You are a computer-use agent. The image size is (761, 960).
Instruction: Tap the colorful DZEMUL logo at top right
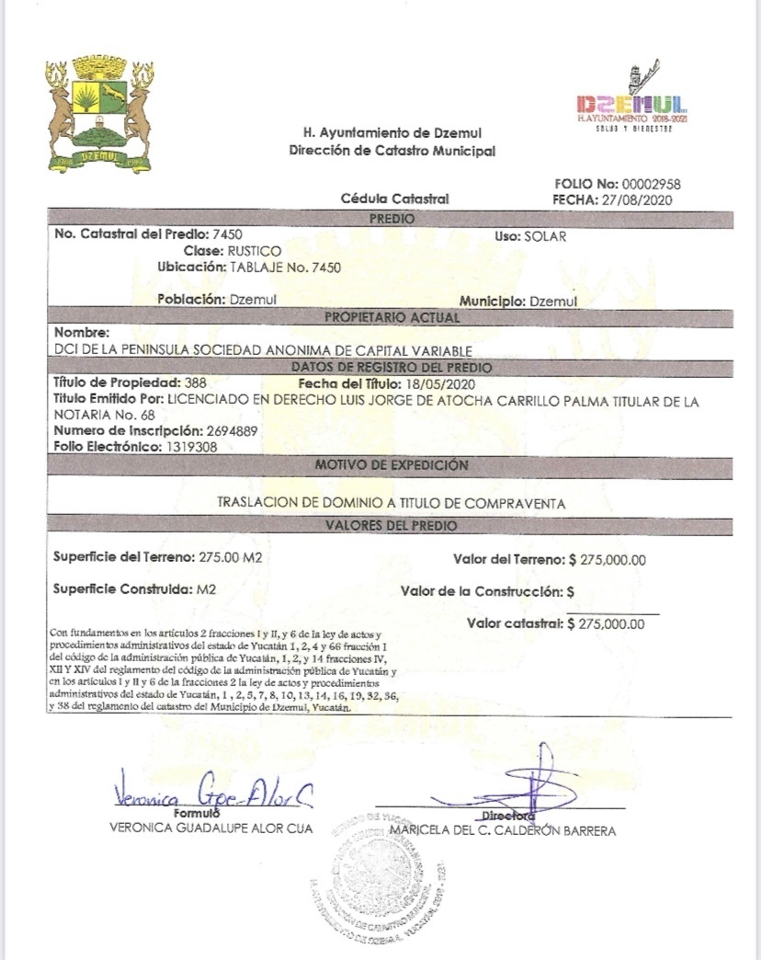click(x=630, y=100)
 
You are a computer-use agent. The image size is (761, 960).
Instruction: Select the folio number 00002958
click(x=649, y=184)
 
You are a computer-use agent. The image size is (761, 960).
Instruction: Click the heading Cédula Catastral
click(x=394, y=199)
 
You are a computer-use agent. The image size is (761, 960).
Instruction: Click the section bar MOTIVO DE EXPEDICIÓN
click(x=392, y=465)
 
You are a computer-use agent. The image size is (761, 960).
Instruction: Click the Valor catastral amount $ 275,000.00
click(x=607, y=623)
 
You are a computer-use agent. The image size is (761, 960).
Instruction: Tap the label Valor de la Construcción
click(x=482, y=591)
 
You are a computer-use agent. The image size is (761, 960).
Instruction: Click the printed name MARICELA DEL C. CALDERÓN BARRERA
click(x=503, y=830)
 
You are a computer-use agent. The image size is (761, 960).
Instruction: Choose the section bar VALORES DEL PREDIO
click(x=392, y=525)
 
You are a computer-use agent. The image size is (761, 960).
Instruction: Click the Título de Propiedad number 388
click(x=194, y=383)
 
